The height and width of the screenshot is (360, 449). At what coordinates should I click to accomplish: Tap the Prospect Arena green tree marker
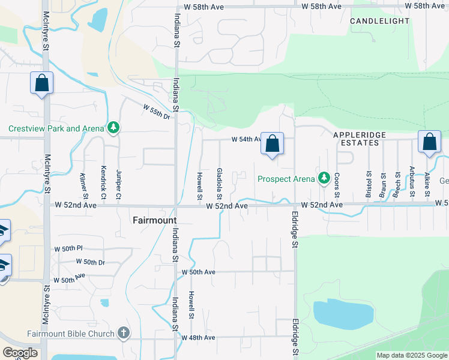(x=324, y=178)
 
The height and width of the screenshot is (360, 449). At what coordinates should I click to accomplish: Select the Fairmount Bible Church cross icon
(x=124, y=333)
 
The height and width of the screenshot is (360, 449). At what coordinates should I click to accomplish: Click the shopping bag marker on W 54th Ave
(x=273, y=144)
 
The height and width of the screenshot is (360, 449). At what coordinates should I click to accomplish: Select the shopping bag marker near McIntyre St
(x=42, y=83)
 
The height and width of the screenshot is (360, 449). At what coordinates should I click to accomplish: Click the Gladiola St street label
(x=220, y=184)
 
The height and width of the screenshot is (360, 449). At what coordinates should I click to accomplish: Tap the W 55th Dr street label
(x=157, y=111)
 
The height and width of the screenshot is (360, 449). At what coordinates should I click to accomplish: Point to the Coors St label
(x=337, y=185)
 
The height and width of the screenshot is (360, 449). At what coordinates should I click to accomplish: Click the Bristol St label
(x=369, y=184)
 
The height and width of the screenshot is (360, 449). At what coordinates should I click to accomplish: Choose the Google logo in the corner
(x=20, y=352)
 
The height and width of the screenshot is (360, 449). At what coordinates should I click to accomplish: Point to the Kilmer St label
(x=84, y=186)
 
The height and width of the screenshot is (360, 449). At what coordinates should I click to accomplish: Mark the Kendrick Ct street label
(x=103, y=183)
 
